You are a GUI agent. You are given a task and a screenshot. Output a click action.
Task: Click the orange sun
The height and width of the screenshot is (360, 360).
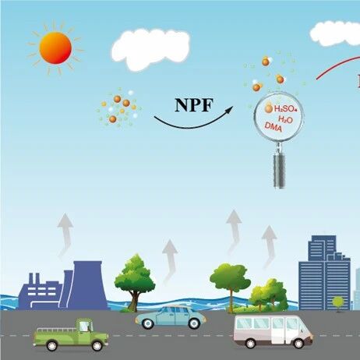(x=55, y=48)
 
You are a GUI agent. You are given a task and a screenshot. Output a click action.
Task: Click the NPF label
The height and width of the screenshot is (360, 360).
(x=194, y=105)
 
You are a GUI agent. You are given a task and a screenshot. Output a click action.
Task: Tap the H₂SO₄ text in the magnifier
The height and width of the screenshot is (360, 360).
(x=285, y=109)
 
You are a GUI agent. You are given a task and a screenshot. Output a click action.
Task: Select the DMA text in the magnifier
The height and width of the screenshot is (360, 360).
(x=273, y=127)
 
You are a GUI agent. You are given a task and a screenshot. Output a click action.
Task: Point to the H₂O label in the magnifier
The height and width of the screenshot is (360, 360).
(x=285, y=119)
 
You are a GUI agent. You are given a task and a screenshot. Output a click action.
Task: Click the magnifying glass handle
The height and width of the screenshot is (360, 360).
(x=280, y=170)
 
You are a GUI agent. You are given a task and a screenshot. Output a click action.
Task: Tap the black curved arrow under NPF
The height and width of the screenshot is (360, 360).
(x=192, y=122)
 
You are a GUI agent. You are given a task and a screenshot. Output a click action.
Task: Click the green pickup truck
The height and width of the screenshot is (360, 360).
(x=71, y=335)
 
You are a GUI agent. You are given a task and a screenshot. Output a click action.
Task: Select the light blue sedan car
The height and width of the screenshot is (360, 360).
(x=171, y=317)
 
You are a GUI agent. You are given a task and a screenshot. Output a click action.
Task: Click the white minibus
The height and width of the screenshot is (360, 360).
(x=274, y=332)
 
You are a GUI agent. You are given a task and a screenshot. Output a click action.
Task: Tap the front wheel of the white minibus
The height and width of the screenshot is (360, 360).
(x=298, y=343)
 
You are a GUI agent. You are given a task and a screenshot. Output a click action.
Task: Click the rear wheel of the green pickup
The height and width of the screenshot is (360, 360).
(x=52, y=345)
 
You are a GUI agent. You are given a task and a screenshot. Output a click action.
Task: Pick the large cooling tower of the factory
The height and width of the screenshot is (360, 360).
(x=87, y=285)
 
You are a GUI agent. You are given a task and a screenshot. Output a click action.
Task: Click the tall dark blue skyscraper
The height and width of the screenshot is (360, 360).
(x=324, y=273)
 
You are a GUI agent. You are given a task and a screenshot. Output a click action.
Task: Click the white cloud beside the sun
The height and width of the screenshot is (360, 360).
(x=150, y=49)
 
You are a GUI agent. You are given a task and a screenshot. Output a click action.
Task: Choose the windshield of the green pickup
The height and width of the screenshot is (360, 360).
(x=84, y=326)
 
